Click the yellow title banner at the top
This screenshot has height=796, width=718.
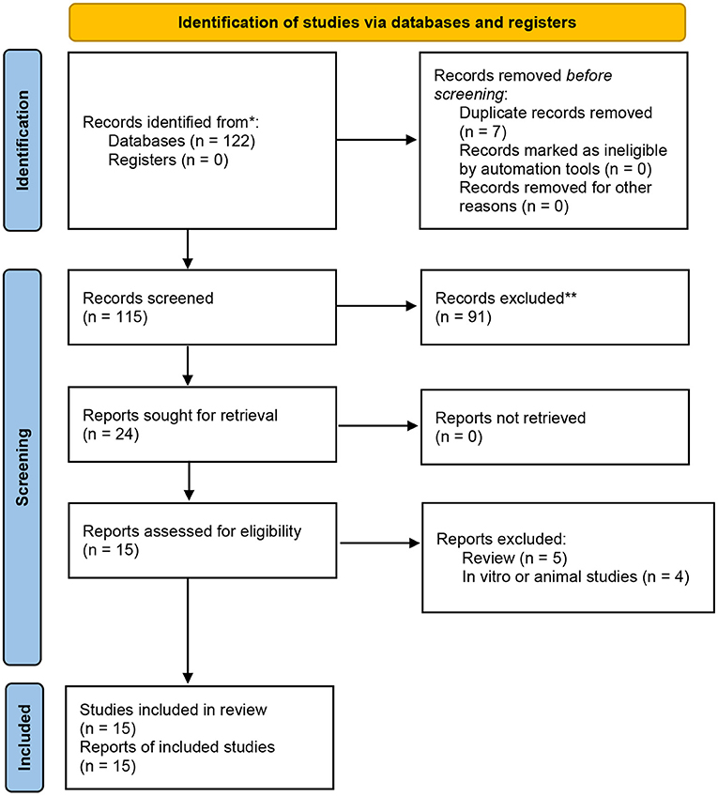pyautogui.click(x=377, y=23)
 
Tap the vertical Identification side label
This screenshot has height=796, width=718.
pyautogui.click(x=23, y=140)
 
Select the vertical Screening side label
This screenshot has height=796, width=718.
pyautogui.click(x=23, y=467)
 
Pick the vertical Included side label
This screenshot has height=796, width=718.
pyautogui.click(x=23, y=737)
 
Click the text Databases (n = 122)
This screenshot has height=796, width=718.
pyautogui.click(x=182, y=141)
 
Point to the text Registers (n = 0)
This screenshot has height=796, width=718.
pyautogui.click(x=168, y=160)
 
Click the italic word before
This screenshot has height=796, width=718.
pyautogui.click(x=589, y=76)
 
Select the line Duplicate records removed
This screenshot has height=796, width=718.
pyautogui.click(x=556, y=113)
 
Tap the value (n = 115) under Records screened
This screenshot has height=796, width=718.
pyautogui.click(x=115, y=317)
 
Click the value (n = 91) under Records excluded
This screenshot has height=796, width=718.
pyautogui.click(x=464, y=317)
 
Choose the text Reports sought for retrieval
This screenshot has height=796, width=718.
pyautogui.click(x=180, y=415)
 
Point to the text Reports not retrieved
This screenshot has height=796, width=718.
pyautogui.click(x=511, y=418)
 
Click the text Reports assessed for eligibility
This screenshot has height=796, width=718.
pyautogui.click(x=191, y=531)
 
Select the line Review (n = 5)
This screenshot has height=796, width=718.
pyautogui.click(x=514, y=558)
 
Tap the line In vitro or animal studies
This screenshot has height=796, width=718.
pyautogui.click(x=550, y=576)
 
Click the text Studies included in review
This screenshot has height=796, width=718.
pyautogui.click(x=173, y=710)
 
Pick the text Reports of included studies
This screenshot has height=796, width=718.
pyautogui.click(x=177, y=747)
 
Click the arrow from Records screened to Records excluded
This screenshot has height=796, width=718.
pyautogui.click(x=376, y=306)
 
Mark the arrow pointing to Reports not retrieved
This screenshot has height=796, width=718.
pyautogui.click(x=378, y=426)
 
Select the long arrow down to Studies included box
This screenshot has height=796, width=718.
pyautogui.click(x=188, y=631)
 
